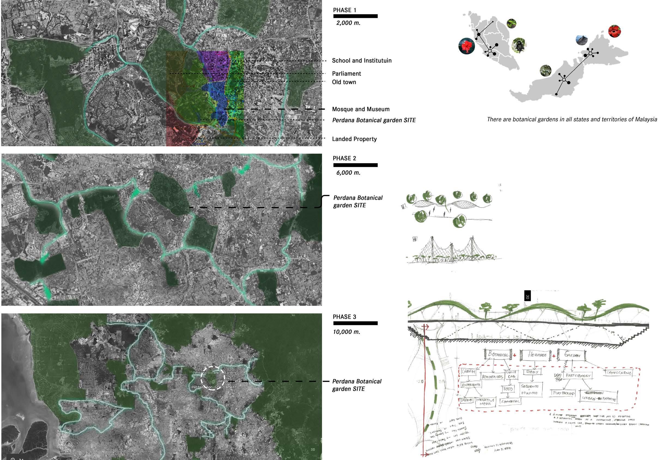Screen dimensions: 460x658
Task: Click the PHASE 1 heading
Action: tap(344, 10)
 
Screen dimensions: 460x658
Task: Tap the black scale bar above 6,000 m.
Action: tap(355, 165)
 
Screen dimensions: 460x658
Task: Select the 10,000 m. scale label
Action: tap(346, 332)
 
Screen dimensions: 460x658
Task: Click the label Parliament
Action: tap(346, 74)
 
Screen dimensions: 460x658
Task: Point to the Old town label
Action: tap(344, 82)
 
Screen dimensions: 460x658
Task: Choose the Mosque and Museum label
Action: tap(360, 109)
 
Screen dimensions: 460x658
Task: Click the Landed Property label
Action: tap(354, 139)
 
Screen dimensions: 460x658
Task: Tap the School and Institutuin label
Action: tap(362, 60)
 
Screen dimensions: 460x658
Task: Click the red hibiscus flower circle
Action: tap(466, 46)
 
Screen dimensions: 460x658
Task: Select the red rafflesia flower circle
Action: tap(614, 32)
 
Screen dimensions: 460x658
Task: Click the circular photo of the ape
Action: tap(519, 45)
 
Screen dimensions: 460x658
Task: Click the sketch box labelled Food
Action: tap(508, 389)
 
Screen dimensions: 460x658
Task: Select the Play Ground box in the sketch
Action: tap(563, 393)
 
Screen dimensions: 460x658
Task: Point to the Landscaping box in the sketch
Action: tap(619, 373)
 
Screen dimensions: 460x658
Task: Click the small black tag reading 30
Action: tap(527, 296)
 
